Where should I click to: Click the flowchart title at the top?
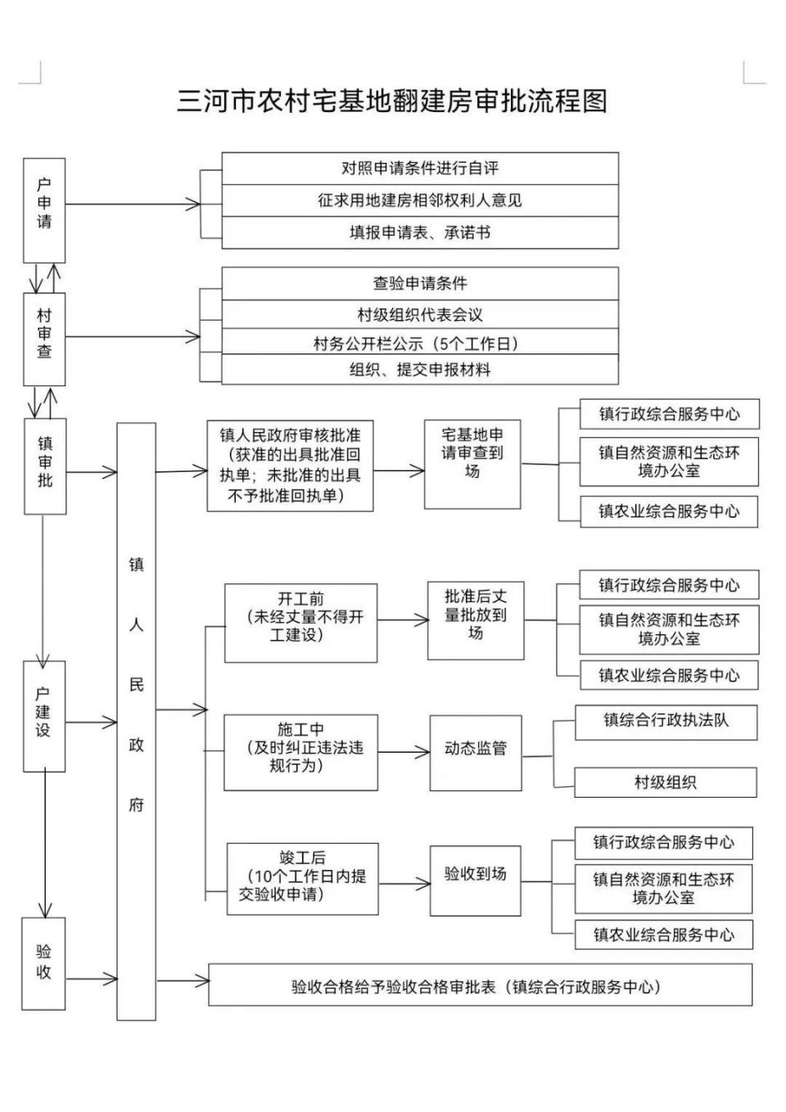pyautogui.click(x=392, y=101)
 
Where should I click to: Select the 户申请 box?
pyautogui.click(x=44, y=209)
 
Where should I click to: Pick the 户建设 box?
pyautogui.click(x=44, y=716)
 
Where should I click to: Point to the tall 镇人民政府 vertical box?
pyautogui.click(x=136, y=720)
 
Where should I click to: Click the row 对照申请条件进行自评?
pyautogui.click(x=419, y=169)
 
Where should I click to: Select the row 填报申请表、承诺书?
pyautogui.click(x=419, y=232)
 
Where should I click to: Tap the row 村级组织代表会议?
pyautogui.click(x=419, y=314)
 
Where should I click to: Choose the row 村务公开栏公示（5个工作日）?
pyautogui.click(x=419, y=343)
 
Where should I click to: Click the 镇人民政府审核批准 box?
pyautogui.click(x=290, y=466)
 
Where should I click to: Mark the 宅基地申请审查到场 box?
pyautogui.click(x=472, y=464)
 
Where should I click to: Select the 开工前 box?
pyautogui.click(x=300, y=623)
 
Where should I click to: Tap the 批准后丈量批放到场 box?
pyautogui.click(x=476, y=620)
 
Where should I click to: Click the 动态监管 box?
pyautogui.click(x=476, y=752)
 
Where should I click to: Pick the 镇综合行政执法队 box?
pyautogui.click(x=666, y=722)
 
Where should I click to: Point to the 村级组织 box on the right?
pyautogui.click(x=666, y=782)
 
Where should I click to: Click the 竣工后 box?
pyautogui.click(x=302, y=878)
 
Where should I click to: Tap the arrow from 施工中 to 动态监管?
pyautogui.click(x=404, y=752)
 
